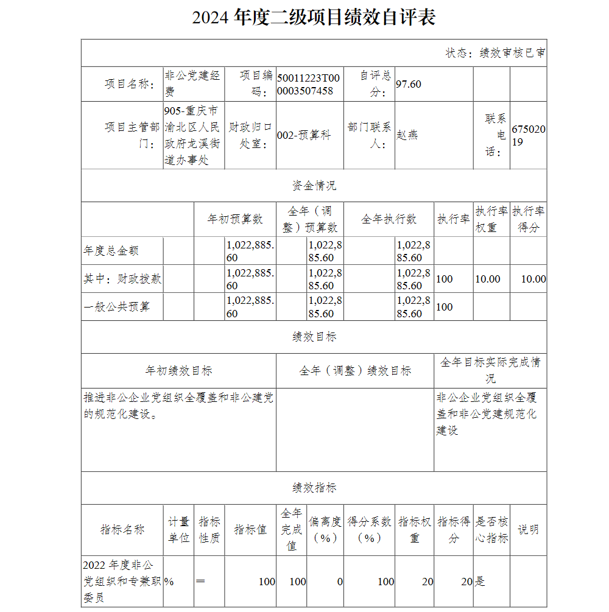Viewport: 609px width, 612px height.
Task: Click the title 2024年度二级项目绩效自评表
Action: click(x=314, y=18)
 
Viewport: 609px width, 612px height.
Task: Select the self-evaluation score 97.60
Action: click(x=409, y=84)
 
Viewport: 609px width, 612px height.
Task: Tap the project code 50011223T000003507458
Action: click(x=308, y=84)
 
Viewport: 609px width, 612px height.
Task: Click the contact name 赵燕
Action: click(x=407, y=135)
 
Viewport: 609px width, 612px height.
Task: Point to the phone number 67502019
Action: click(x=529, y=135)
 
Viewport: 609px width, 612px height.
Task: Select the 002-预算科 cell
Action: click(x=304, y=135)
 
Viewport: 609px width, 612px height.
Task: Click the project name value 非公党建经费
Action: click(x=193, y=84)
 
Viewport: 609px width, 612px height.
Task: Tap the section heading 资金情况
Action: click(x=314, y=186)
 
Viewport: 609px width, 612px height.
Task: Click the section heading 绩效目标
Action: click(x=314, y=337)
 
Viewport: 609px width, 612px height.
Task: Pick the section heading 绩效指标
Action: click(x=314, y=488)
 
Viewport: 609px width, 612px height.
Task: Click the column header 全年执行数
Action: click(x=389, y=219)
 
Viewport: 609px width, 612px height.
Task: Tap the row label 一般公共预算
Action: click(x=116, y=307)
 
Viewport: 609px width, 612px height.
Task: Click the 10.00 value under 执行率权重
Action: click(x=488, y=279)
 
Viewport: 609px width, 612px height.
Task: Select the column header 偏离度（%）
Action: click(x=325, y=530)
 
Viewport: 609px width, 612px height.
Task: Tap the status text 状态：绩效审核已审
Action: click(x=495, y=53)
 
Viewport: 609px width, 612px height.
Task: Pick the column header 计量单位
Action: click(x=178, y=530)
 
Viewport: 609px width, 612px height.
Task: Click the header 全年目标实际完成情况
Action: click(x=490, y=370)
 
